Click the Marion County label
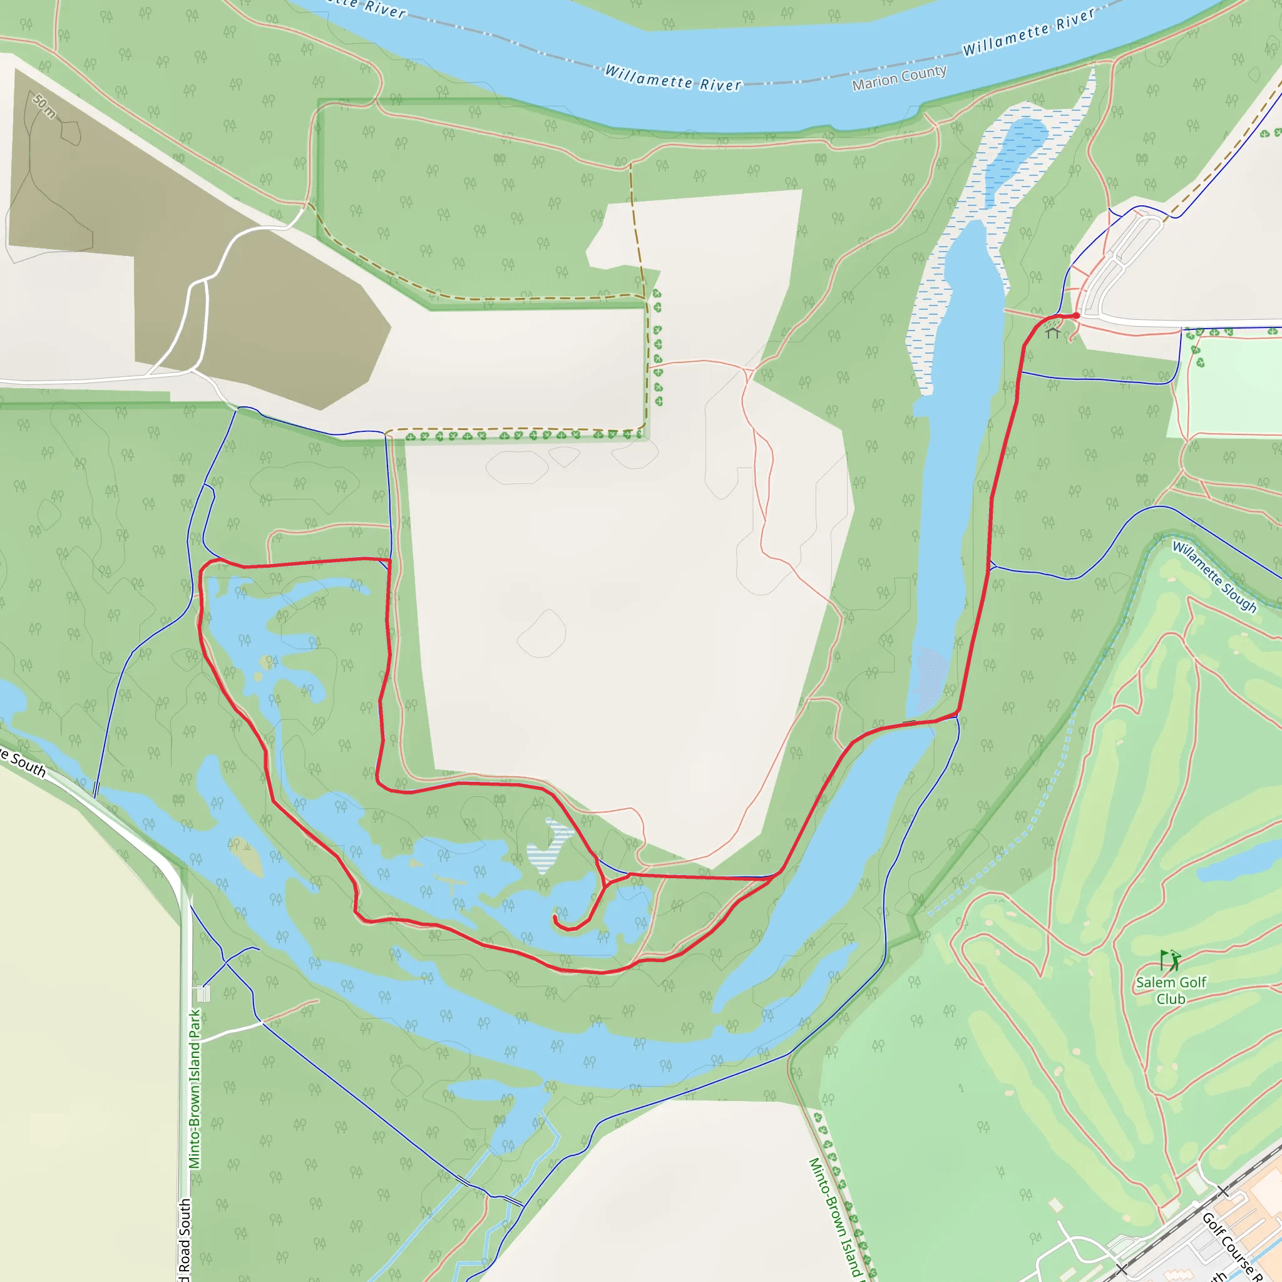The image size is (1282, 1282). point(899,78)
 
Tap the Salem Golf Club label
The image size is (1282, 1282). point(1171,990)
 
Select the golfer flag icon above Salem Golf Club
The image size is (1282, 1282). point(1170,960)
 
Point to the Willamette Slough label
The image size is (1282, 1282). point(1214,577)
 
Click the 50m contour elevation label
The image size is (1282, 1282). point(44,106)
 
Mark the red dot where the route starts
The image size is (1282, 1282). point(1075,316)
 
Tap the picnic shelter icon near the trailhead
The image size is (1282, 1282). point(1053,332)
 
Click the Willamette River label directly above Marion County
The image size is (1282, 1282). point(1028,32)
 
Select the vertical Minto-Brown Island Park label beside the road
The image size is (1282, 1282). point(195,1088)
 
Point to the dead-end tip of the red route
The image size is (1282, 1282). point(555,917)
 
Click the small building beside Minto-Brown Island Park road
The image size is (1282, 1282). point(203,993)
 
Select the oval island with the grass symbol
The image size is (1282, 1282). point(247,857)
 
